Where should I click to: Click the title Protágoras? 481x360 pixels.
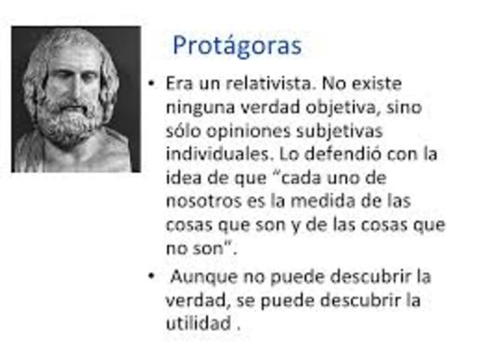(237, 45)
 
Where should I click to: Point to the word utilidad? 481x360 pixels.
(197, 324)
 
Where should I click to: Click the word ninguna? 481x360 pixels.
(198, 107)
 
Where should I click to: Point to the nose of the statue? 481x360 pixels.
(71, 89)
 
